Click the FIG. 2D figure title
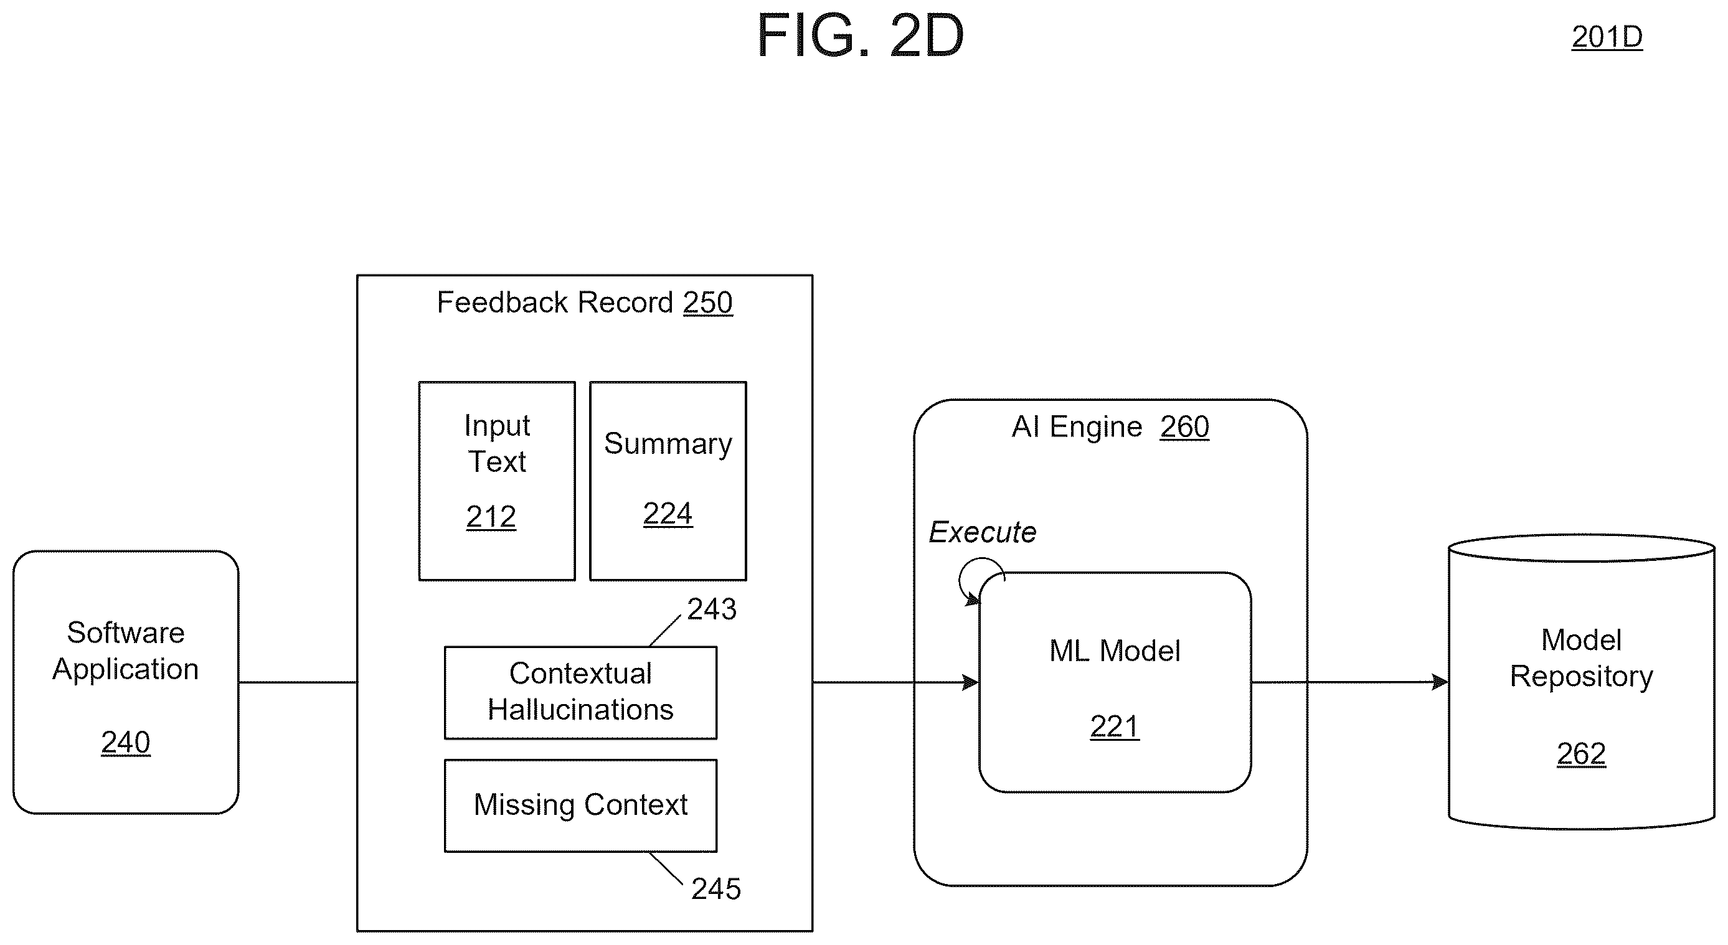[x=860, y=35]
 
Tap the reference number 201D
[x=1607, y=37]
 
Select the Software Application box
[x=126, y=682]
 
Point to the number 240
[x=125, y=743]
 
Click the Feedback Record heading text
[x=584, y=303]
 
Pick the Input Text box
[x=497, y=481]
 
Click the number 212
[x=491, y=517]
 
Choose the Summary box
[x=668, y=481]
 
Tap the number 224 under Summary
[x=668, y=514]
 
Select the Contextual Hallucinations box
[x=581, y=693]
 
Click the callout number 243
[x=712, y=609]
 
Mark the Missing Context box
[x=581, y=806]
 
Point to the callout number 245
[x=715, y=890]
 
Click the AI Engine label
[x=1110, y=427]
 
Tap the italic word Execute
[x=982, y=532]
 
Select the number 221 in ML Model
[x=1114, y=727]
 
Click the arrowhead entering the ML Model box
[x=971, y=683]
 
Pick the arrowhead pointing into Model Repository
[x=1440, y=683]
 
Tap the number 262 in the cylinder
[x=1581, y=755]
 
